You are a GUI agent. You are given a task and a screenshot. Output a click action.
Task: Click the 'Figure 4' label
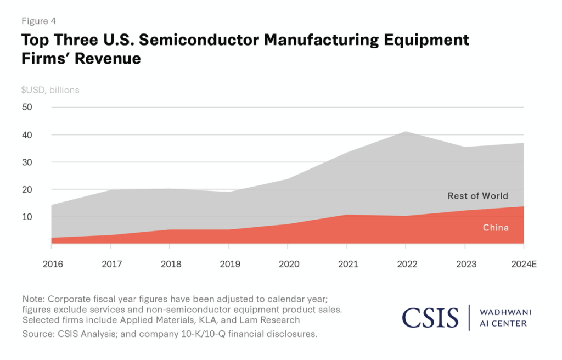click(x=39, y=21)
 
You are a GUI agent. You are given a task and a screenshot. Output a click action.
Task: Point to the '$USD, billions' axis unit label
click(x=50, y=89)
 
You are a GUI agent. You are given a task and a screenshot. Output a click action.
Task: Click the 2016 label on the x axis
click(x=53, y=264)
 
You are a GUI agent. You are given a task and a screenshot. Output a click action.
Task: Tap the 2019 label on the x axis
click(x=229, y=264)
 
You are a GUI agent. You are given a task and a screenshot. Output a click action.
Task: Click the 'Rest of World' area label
click(x=477, y=196)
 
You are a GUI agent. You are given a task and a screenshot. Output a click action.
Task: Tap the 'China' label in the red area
click(x=496, y=227)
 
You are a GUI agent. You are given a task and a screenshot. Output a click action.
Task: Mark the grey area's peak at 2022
click(x=406, y=132)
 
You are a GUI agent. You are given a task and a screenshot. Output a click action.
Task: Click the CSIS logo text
click(x=430, y=317)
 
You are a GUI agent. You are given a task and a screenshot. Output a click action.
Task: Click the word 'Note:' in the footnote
click(x=33, y=299)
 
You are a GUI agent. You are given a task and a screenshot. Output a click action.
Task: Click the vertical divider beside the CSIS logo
click(x=470, y=317)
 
